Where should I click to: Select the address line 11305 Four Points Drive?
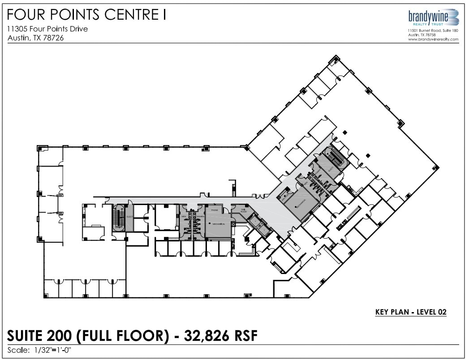pos(47,29)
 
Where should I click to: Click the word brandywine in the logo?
pos(427,17)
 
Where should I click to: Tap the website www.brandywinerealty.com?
pos(433,39)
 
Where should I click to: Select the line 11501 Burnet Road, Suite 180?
pos(433,30)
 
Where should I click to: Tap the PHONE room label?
pos(215,210)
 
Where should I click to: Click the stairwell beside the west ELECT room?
pos(119,218)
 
